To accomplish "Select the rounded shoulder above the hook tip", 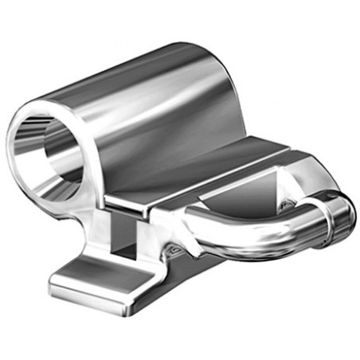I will tap(319, 171).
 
